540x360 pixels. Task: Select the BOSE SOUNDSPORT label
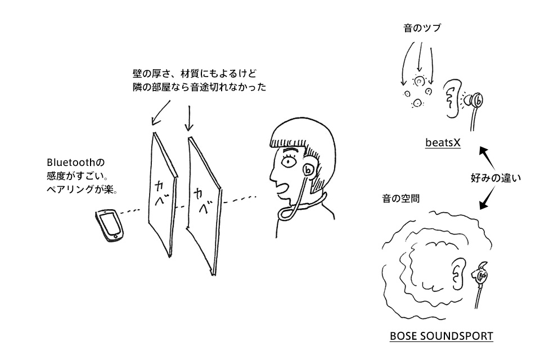pyautogui.click(x=441, y=336)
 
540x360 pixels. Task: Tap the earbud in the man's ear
pyautogui.click(x=309, y=169)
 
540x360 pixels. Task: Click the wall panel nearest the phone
pyautogui.click(x=160, y=194)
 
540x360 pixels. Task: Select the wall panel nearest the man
pyautogui.click(x=204, y=205)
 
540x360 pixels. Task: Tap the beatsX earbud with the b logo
pyautogui.click(x=477, y=101)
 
